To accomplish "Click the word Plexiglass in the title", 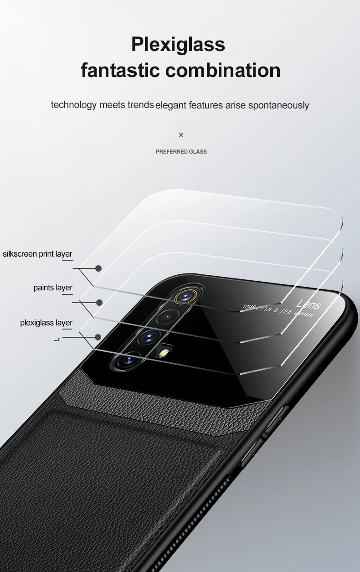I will pyautogui.click(x=178, y=45).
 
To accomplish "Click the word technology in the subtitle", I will pyautogui.click(x=74, y=105).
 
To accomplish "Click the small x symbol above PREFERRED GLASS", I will pyautogui.click(x=181, y=135).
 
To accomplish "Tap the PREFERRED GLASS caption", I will pyautogui.click(x=181, y=152).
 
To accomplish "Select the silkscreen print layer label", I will pyautogui.click(x=38, y=254).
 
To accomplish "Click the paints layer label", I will pyautogui.click(x=53, y=288).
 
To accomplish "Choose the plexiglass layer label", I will pyautogui.click(x=46, y=323).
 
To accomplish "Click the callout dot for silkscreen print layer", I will pyautogui.click(x=98, y=268).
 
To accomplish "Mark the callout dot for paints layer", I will pyautogui.click(x=99, y=302).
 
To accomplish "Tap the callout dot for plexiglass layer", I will pyautogui.click(x=98, y=337).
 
